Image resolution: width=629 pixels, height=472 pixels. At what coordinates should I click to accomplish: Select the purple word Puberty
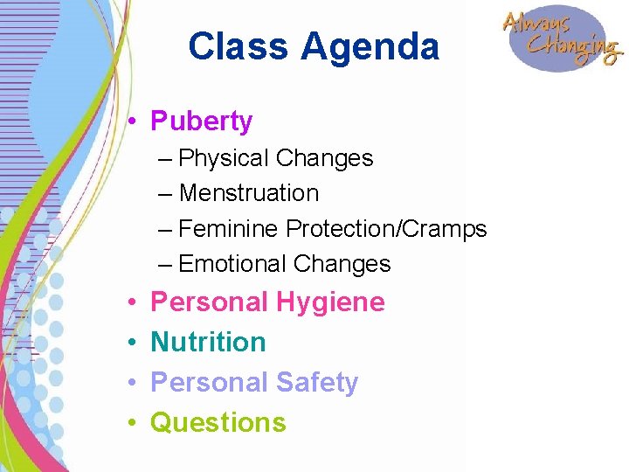point(202,121)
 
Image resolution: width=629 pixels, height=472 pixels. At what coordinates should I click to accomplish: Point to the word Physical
point(224,158)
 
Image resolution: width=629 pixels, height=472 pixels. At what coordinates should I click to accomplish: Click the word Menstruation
point(249,193)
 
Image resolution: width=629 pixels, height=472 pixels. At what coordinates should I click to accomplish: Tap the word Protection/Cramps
point(387,229)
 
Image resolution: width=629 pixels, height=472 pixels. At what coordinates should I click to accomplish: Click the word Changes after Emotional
point(342,264)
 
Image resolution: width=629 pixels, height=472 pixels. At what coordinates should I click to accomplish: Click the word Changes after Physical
point(324,158)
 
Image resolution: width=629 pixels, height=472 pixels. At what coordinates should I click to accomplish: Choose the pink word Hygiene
point(331,302)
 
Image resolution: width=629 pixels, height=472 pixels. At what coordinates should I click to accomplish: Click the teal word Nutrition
point(208,342)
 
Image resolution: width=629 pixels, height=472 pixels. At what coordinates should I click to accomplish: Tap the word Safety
point(317,382)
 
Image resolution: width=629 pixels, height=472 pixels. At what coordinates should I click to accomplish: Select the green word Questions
point(218,422)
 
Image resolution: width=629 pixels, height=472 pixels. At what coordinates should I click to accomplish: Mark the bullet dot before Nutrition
point(128,342)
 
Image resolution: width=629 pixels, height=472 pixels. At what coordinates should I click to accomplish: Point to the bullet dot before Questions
point(128,422)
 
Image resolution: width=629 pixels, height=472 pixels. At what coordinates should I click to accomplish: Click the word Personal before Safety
point(210,382)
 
